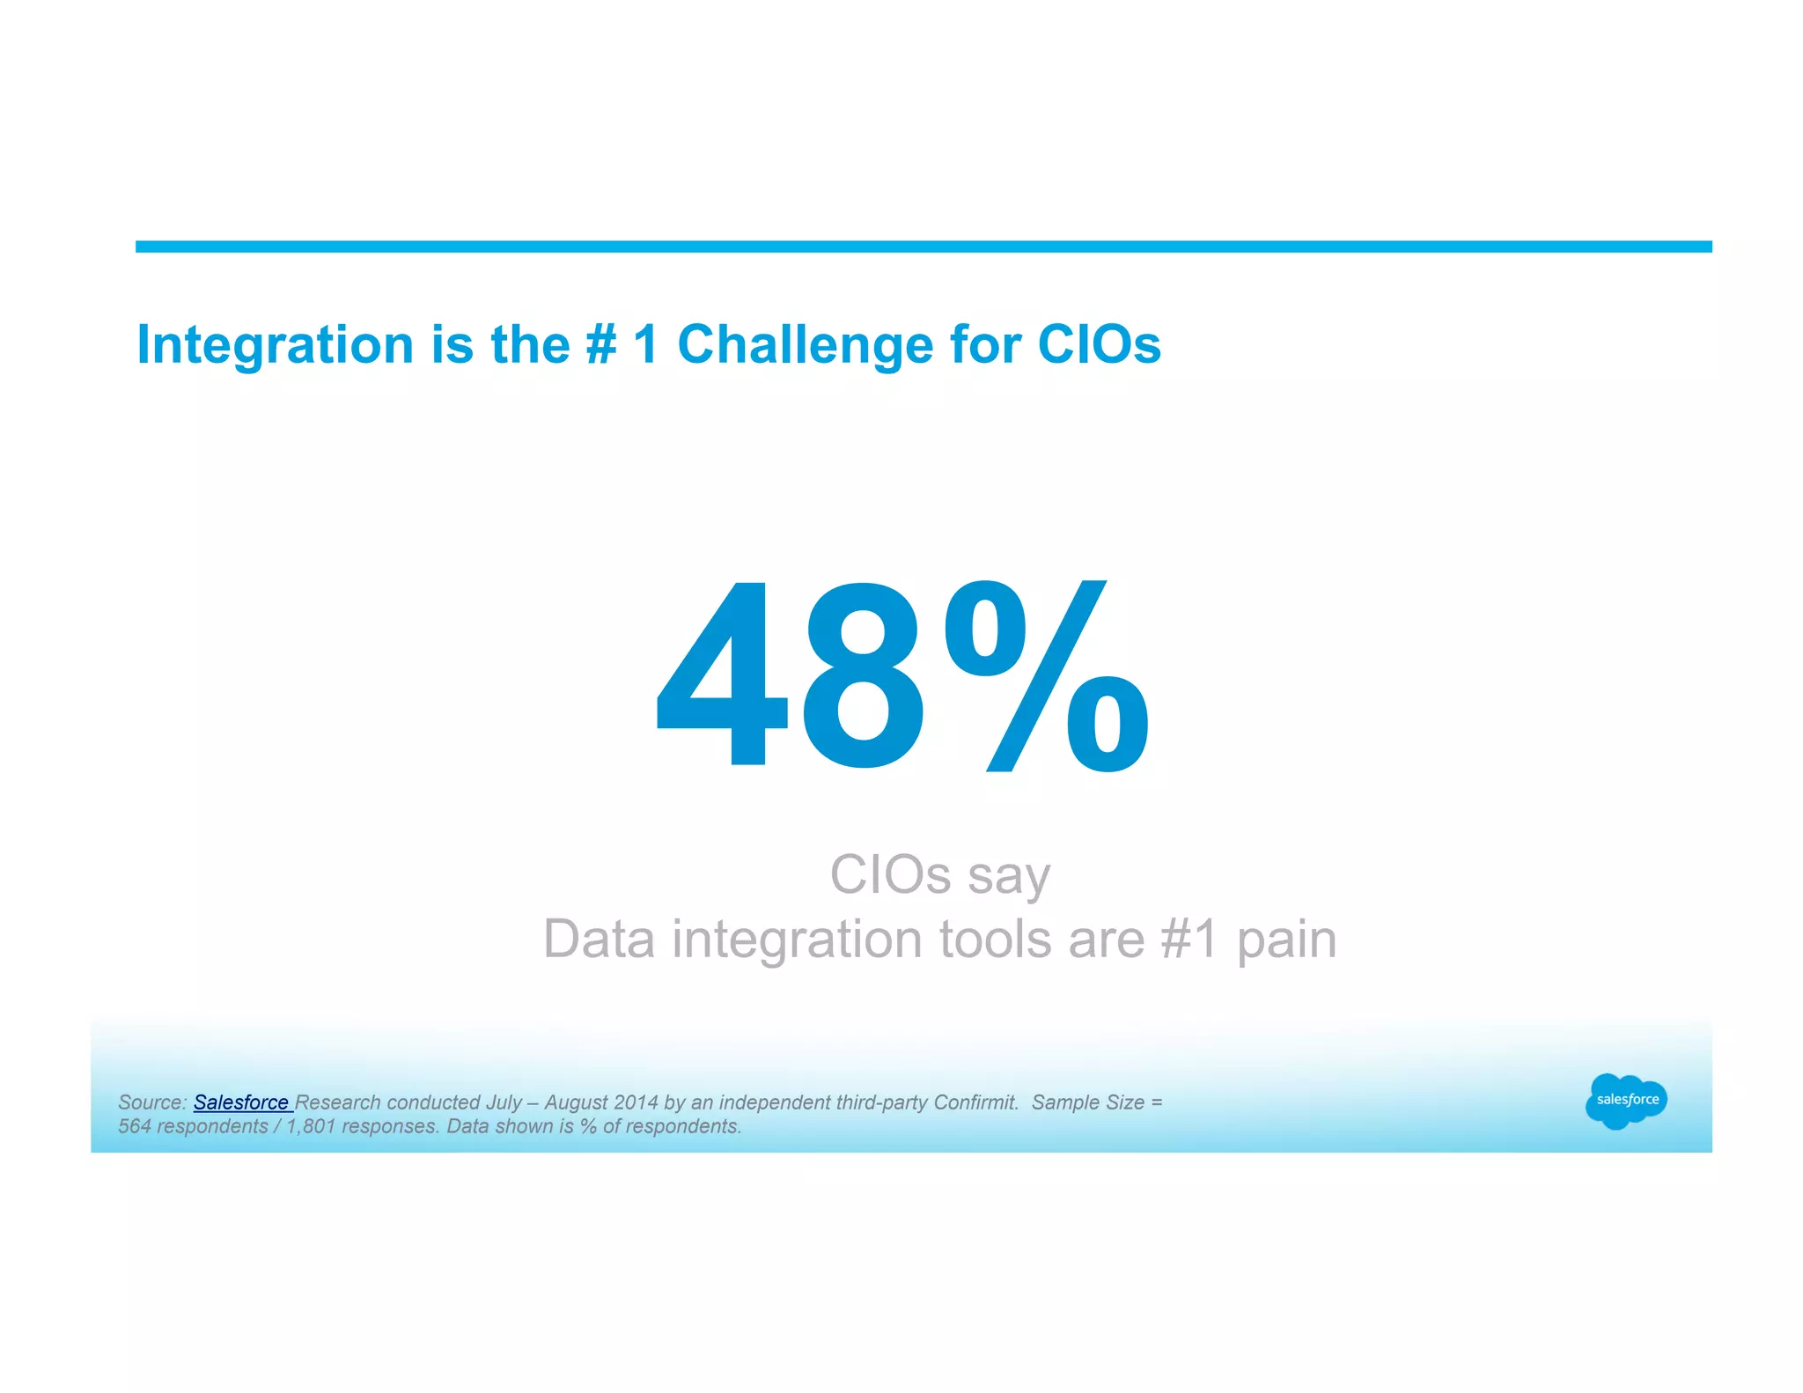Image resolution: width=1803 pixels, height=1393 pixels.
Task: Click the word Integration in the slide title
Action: [x=275, y=344]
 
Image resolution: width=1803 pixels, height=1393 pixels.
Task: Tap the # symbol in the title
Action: [x=601, y=344]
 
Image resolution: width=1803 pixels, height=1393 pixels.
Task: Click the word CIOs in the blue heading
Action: [x=1099, y=344]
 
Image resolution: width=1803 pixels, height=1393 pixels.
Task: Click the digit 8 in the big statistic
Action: [x=865, y=676]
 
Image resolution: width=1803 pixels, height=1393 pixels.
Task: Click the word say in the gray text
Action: [x=1008, y=876]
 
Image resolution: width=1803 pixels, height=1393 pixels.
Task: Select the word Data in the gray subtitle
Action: [x=599, y=939]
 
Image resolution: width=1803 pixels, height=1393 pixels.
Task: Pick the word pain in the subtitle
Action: [x=1286, y=940]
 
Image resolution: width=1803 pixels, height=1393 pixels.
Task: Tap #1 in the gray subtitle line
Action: [x=1189, y=939]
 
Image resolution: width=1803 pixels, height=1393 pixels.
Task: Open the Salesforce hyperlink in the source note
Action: [x=241, y=1102]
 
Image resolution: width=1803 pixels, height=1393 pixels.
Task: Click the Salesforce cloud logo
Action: [x=1626, y=1101]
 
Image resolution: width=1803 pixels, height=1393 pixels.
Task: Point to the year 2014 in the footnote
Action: [x=637, y=1102]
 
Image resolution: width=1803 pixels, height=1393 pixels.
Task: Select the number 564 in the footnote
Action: [x=135, y=1126]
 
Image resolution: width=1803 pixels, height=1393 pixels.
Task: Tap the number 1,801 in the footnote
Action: [x=311, y=1126]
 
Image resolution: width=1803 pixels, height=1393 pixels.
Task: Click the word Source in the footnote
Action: [x=151, y=1102]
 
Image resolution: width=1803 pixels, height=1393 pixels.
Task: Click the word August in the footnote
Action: [x=576, y=1102]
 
